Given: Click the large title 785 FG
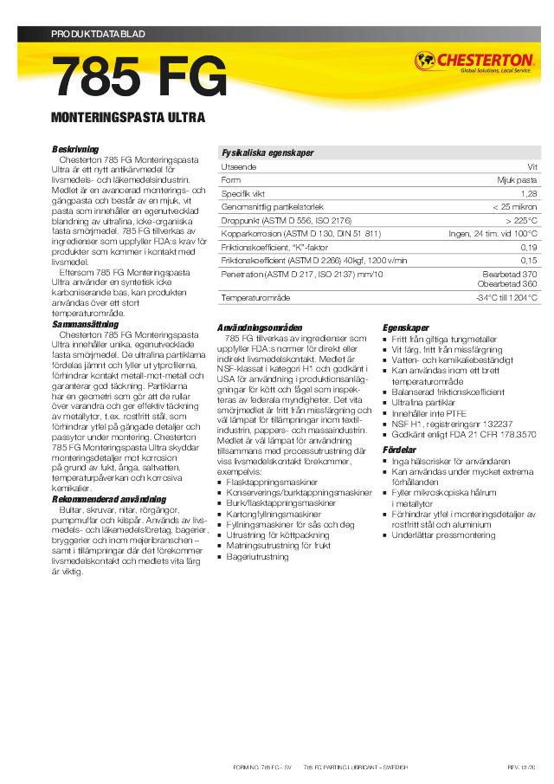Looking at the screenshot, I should [141, 78].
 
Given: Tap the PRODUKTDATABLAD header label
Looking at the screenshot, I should [99, 34].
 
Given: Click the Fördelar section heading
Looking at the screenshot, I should [400, 450].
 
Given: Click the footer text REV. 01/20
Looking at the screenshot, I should [521, 768].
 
